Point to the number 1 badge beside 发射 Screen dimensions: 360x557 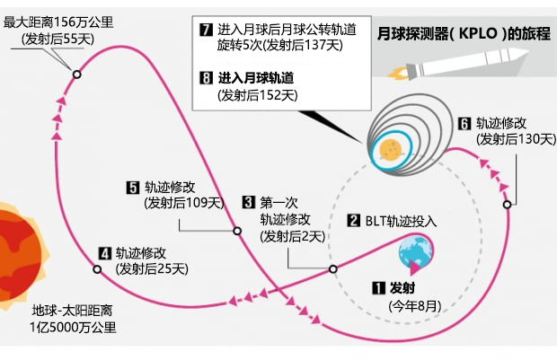coord(378,289)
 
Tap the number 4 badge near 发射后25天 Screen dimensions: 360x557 coord(105,252)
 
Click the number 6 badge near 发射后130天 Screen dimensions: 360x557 coord(464,123)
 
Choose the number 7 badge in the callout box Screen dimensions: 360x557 coord(205,31)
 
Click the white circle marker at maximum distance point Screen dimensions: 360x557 coord(76,75)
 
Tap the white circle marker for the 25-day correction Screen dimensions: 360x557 coord(97,268)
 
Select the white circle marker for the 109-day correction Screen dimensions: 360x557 coord(238,231)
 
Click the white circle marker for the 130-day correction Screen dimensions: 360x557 coord(507,205)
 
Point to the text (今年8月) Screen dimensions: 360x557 coord(414,306)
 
